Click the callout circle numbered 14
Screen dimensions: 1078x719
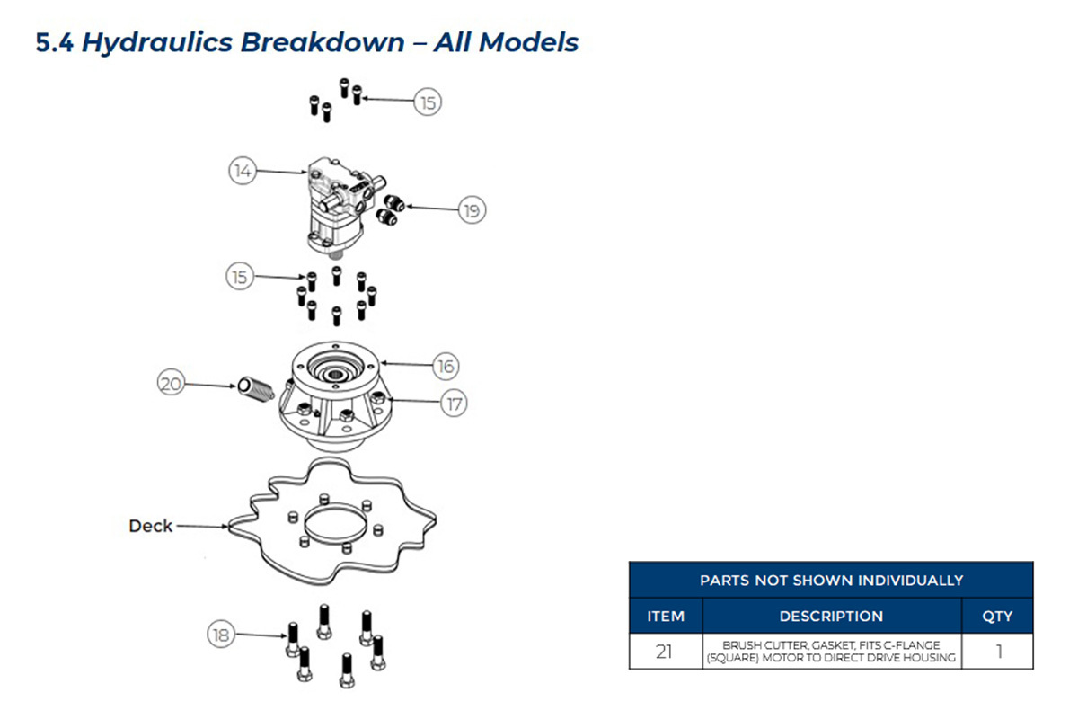[x=242, y=171]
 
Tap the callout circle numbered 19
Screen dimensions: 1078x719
[x=472, y=210]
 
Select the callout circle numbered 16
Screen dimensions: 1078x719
[x=446, y=367]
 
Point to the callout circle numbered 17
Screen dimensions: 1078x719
[x=454, y=404]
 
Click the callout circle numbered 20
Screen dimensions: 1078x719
[x=171, y=384]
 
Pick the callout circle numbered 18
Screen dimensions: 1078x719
[x=221, y=635]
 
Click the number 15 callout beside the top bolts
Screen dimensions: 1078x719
[x=428, y=102]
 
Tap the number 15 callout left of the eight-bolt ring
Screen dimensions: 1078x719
[x=240, y=277]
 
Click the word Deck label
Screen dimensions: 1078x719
[x=150, y=526]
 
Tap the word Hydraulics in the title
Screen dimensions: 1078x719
[x=157, y=42]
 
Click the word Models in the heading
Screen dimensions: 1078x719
[x=528, y=42]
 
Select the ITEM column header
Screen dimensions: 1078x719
[x=666, y=616]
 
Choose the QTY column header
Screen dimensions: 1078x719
[x=997, y=616]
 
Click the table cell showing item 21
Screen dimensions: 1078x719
[x=665, y=652]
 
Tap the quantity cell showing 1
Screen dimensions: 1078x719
[x=998, y=652]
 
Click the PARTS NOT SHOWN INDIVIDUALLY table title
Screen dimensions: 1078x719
[x=831, y=581]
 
